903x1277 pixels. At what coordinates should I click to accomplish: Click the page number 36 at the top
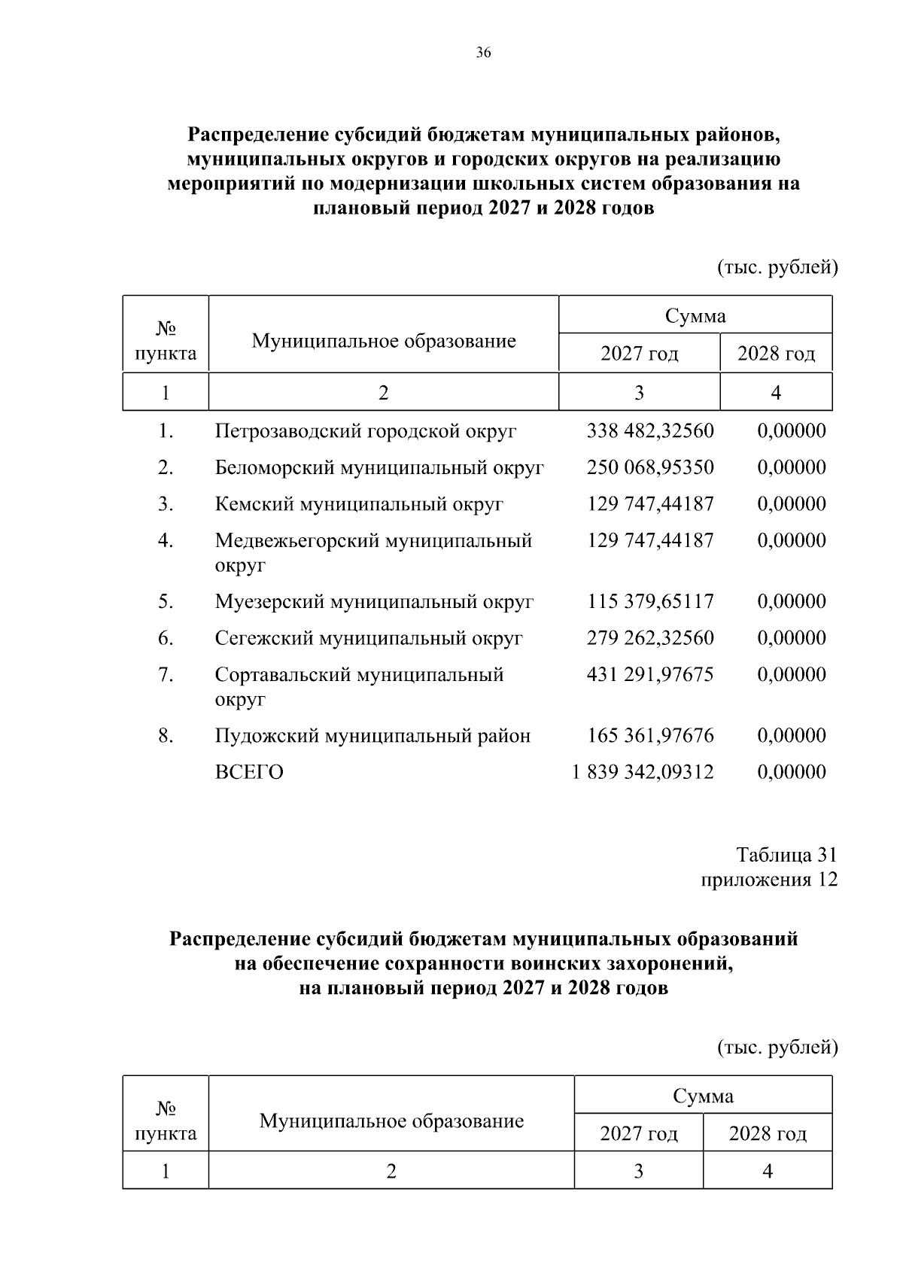(483, 53)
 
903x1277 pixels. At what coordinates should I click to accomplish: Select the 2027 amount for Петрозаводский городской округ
(649, 431)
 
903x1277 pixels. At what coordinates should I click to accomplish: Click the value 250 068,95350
(649, 467)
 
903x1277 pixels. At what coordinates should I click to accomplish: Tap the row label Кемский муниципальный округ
(359, 504)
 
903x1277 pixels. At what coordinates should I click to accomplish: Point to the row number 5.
(166, 601)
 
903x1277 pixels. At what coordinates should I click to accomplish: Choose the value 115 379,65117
(649, 601)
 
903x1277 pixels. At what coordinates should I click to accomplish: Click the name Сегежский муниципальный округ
(368, 638)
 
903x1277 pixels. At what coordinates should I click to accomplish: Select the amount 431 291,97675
(649, 674)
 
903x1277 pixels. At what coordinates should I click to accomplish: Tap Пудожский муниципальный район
(372, 735)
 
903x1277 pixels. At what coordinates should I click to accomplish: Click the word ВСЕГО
(249, 772)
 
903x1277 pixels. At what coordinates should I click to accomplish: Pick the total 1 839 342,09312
(643, 772)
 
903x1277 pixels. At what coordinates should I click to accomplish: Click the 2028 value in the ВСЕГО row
(792, 772)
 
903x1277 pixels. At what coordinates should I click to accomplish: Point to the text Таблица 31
(786, 855)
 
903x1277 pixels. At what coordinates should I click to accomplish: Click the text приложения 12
(769, 880)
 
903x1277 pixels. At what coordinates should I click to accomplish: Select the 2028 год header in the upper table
(776, 354)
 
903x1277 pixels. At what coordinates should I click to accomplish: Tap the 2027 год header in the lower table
(638, 1133)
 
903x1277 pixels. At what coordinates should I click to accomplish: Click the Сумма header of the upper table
(695, 316)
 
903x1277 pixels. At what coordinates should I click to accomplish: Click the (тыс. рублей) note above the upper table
(777, 268)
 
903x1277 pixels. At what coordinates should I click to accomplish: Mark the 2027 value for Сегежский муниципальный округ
(649, 638)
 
